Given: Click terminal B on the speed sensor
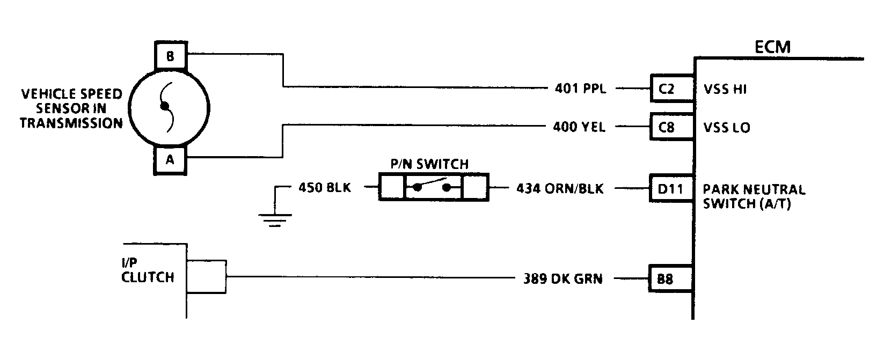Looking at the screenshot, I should [x=170, y=56].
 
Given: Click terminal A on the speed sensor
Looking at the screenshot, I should [x=170, y=159].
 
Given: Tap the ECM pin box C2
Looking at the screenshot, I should [x=666, y=89].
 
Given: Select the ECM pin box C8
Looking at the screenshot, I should [x=666, y=128].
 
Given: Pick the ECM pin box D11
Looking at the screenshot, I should [x=670, y=189].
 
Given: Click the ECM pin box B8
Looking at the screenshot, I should [x=665, y=279].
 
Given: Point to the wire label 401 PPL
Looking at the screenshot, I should [x=580, y=89].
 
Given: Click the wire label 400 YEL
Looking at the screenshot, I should [x=579, y=128].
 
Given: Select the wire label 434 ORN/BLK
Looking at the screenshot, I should [x=560, y=189].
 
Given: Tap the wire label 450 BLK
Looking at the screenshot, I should [x=324, y=188].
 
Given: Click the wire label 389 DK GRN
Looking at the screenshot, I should [x=562, y=279].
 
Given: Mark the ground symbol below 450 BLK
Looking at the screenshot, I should [x=275, y=219].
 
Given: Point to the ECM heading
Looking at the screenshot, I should [x=772, y=47].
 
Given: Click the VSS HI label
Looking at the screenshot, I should [x=725, y=90].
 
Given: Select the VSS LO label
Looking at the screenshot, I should [x=727, y=128].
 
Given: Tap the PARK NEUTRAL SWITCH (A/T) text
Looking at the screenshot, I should [x=754, y=196].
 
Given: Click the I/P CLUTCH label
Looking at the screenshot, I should [x=148, y=271].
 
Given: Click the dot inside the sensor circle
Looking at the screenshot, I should [x=165, y=106].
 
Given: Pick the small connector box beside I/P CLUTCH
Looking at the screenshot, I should [x=207, y=277].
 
